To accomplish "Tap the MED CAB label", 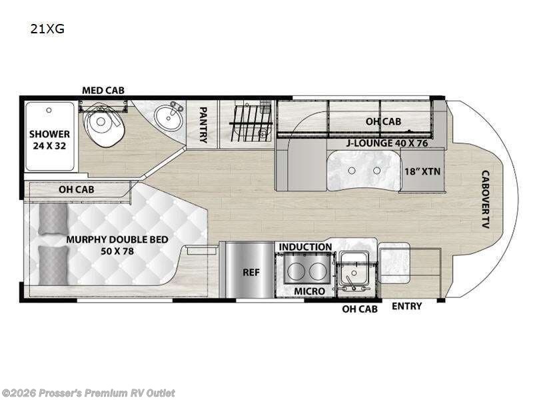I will pyautogui.click(x=103, y=90).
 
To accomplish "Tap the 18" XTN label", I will pyautogui.click(x=422, y=170).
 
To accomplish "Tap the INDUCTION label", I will pyautogui.click(x=305, y=247).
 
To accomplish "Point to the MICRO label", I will pyautogui.click(x=309, y=291).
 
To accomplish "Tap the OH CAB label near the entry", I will pyautogui.click(x=359, y=309).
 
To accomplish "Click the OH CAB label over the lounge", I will pyautogui.click(x=382, y=121).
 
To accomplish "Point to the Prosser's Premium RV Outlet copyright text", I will pyautogui.click(x=89, y=393).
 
